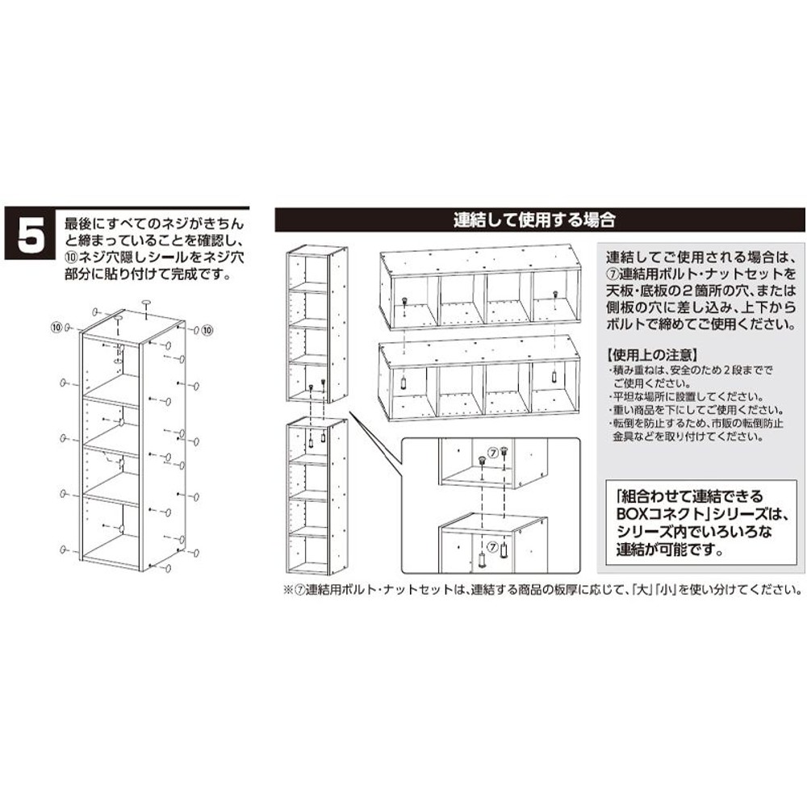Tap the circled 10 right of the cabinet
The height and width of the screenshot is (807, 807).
click(207, 329)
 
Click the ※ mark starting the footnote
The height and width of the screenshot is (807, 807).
click(287, 589)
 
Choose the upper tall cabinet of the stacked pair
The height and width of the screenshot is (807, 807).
click(316, 323)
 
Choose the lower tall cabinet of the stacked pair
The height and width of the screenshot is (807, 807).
click(316, 496)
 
